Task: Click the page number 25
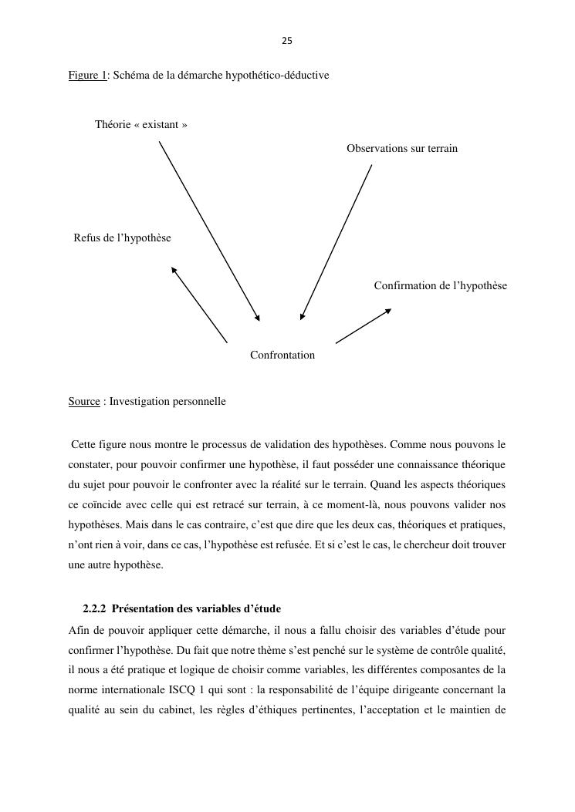(287, 41)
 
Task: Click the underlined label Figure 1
(87, 75)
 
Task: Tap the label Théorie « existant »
(141, 124)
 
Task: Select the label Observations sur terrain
(402, 148)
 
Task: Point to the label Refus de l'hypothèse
(123, 238)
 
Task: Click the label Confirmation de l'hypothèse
(441, 286)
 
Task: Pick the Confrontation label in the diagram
(282, 355)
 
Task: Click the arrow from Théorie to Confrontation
(209, 231)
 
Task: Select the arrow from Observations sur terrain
(337, 241)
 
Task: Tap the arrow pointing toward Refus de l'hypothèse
(199, 305)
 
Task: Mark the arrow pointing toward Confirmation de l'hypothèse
(364, 325)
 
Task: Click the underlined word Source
(84, 402)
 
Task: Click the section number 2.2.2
(96, 609)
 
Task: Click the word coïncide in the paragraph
(103, 504)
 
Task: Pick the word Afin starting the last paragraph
(79, 629)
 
